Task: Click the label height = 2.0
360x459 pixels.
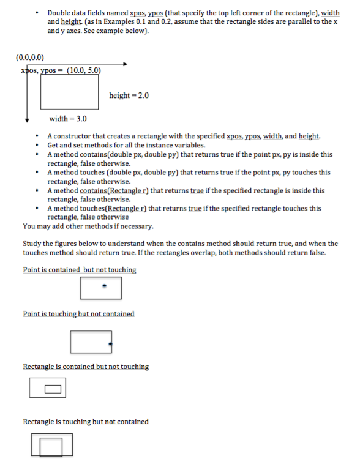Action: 129,95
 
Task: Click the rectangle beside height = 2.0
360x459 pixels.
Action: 70,91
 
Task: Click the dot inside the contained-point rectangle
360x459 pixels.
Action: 103,285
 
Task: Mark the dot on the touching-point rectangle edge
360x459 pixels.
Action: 111,344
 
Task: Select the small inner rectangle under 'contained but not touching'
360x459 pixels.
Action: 53,388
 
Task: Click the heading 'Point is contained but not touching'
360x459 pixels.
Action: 80,270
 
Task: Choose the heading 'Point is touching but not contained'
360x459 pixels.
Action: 78,314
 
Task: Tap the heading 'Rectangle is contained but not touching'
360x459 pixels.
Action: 86,367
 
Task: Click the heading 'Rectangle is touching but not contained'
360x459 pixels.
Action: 86,422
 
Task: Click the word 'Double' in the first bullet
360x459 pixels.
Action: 59,12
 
